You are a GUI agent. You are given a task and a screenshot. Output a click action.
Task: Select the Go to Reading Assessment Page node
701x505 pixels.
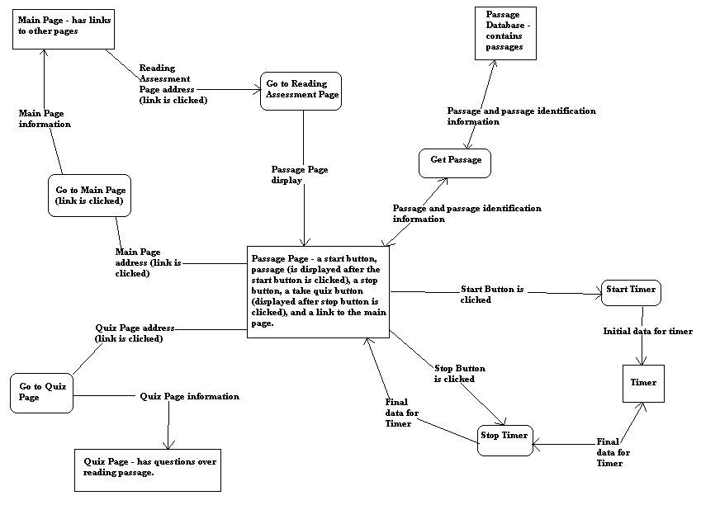(x=301, y=89)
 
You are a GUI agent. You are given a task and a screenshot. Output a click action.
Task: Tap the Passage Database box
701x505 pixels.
(x=505, y=33)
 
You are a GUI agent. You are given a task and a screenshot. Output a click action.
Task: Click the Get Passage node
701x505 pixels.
(x=455, y=162)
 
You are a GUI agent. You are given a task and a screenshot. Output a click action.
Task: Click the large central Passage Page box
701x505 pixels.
(x=318, y=290)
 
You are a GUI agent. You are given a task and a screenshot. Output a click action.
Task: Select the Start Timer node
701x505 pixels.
(x=631, y=290)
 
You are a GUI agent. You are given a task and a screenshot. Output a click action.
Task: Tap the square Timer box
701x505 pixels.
(x=643, y=383)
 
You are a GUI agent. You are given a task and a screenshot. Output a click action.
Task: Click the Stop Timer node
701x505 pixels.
(x=504, y=437)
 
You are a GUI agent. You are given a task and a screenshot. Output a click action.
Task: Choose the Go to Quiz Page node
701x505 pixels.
(x=42, y=392)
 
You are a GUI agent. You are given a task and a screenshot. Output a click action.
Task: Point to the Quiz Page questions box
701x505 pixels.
(x=149, y=468)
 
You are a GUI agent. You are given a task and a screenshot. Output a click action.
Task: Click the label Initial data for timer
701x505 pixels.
(x=648, y=331)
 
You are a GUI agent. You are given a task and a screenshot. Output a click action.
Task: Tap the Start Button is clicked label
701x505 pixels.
(x=492, y=295)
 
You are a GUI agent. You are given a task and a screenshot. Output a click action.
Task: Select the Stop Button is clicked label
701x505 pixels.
(x=459, y=374)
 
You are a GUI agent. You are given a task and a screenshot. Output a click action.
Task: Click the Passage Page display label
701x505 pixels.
(x=299, y=175)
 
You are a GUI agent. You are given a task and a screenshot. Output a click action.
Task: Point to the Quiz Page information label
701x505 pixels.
(x=189, y=396)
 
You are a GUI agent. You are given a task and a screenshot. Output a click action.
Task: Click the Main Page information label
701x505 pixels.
(x=45, y=119)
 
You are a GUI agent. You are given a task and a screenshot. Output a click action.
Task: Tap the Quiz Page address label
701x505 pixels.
(x=135, y=333)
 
